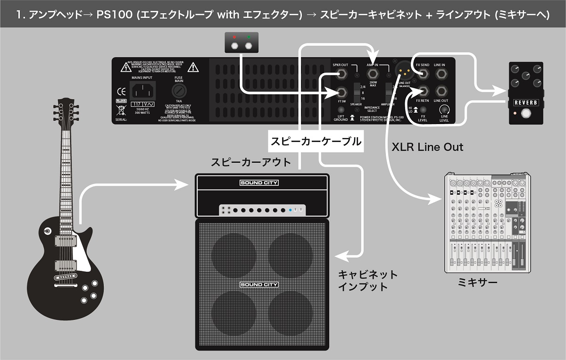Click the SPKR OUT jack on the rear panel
pos(342,73)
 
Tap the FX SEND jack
pos(422,74)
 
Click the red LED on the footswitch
pos(234,37)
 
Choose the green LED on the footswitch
pos(248,37)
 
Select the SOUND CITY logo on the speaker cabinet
pos(259,285)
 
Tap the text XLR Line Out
pos(427,147)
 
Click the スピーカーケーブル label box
pos(316,141)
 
